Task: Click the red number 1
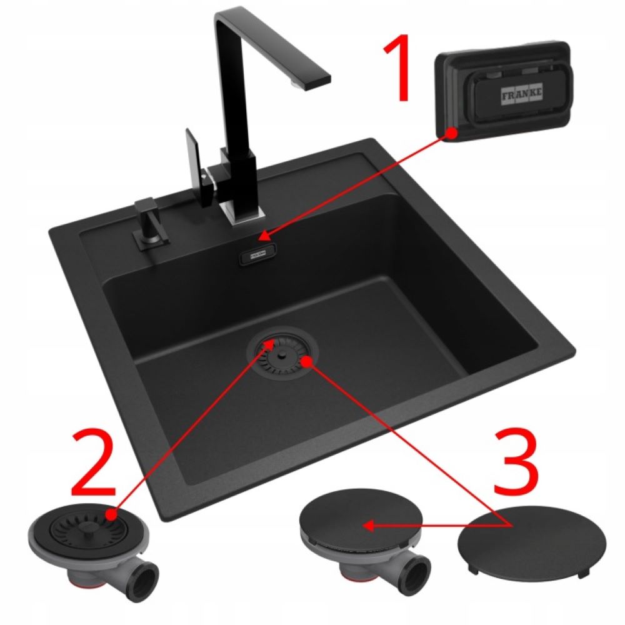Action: pyautogui.click(x=397, y=67)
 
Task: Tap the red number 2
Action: pyautogui.click(x=94, y=462)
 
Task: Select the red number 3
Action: pyautogui.click(x=517, y=462)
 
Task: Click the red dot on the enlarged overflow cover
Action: pyautogui.click(x=451, y=132)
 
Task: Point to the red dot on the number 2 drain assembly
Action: pyautogui.click(x=111, y=514)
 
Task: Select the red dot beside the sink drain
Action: pyautogui.click(x=306, y=361)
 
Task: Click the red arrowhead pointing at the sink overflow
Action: pyautogui.click(x=266, y=236)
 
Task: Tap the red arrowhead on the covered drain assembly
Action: pyautogui.click(x=369, y=526)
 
